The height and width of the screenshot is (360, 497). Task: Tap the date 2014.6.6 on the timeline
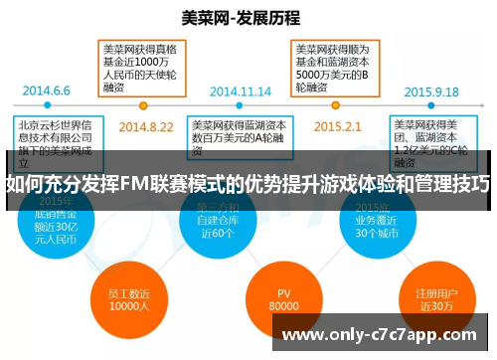tap(47, 90)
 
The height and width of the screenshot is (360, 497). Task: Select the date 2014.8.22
tap(146, 127)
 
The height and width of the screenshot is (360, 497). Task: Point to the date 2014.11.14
tap(240, 90)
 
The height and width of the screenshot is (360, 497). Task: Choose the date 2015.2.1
tap(337, 127)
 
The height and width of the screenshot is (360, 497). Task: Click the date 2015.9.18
tap(431, 90)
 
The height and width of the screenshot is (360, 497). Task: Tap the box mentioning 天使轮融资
tap(142, 66)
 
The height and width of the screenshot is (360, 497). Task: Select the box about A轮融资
tap(239, 134)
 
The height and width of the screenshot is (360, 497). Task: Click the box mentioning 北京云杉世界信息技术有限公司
tap(52, 136)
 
